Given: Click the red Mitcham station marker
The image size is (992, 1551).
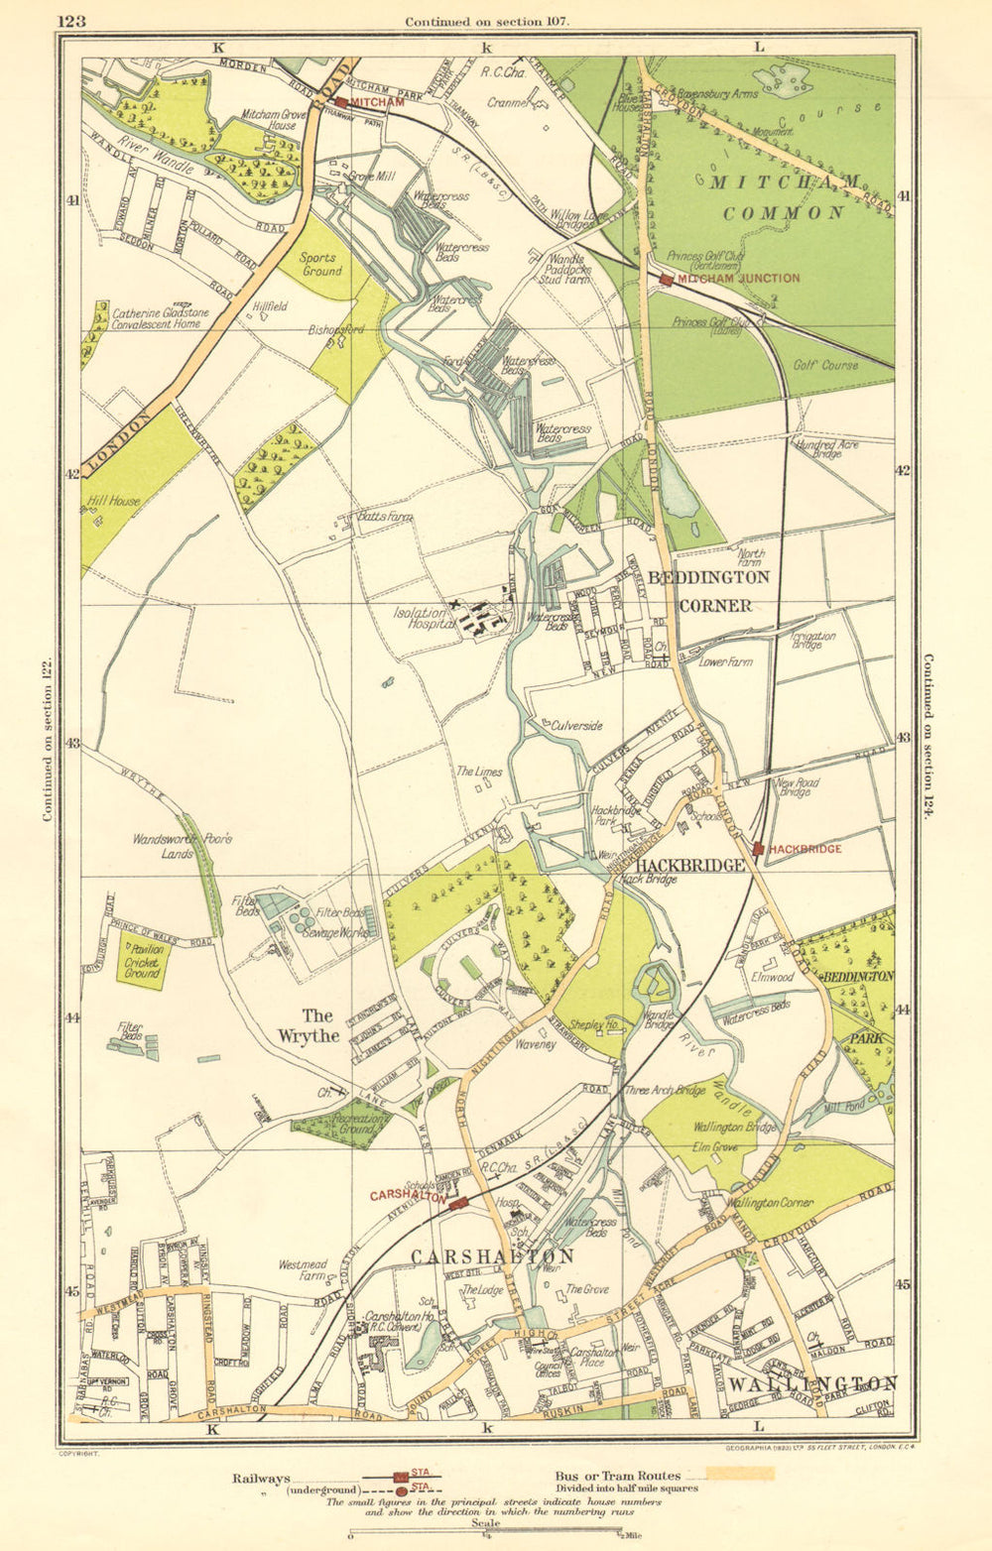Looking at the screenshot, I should tap(340, 102).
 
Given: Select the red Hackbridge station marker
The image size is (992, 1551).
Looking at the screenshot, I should tap(758, 849).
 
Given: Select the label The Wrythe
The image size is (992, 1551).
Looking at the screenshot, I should tap(308, 1025).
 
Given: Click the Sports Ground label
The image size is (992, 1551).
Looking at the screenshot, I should tap(320, 264).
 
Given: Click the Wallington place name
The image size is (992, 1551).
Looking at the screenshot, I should tap(812, 1383).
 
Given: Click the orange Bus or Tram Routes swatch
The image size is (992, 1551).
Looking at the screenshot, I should tap(739, 1474).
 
